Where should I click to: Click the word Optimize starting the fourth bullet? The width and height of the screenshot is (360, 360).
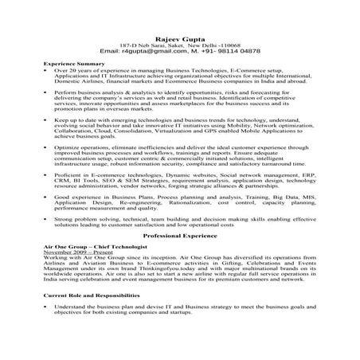point(68,147)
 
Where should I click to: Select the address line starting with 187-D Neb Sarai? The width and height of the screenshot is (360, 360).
point(179,45)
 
